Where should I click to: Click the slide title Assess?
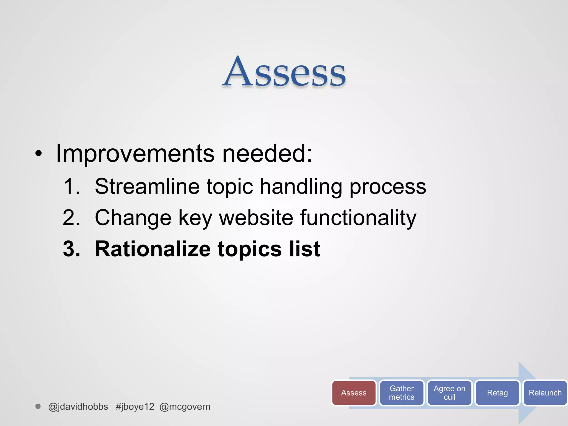point(284,73)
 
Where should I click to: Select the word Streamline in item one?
point(147,186)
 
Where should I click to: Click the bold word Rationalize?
point(153,249)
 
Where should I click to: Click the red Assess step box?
point(354,393)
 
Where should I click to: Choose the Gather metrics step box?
point(401,393)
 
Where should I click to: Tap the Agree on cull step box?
point(449,393)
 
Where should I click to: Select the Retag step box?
point(497,393)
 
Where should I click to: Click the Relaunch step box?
point(545,393)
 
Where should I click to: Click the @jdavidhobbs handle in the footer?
point(78,407)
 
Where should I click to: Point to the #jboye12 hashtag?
point(135,407)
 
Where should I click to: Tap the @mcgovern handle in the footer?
point(185,407)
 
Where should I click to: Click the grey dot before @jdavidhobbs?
point(38,406)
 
